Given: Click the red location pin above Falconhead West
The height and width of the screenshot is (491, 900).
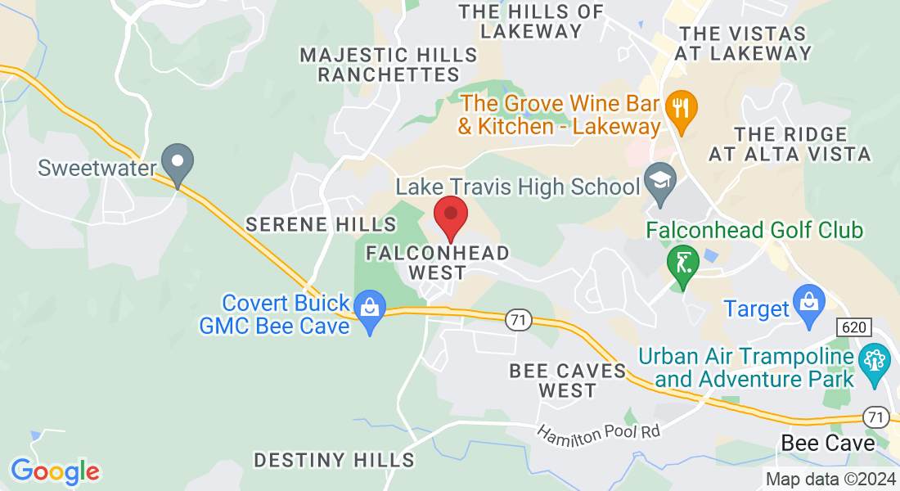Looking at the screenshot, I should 450,215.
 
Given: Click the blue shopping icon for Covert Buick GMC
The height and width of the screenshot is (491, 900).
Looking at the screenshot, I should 371,310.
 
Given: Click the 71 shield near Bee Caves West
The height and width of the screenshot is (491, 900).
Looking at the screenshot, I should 516,321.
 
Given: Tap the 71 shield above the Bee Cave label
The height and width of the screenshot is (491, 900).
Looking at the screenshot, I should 876,417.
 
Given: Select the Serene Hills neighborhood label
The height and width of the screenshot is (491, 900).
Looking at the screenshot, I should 322,224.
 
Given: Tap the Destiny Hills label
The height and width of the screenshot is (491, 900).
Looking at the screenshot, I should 334,460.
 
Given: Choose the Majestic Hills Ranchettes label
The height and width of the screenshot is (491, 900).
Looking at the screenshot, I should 389,65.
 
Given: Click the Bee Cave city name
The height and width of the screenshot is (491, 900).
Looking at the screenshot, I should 828,443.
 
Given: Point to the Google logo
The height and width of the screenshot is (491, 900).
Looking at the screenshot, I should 55,471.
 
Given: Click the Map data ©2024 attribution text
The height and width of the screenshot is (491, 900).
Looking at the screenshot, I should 830,480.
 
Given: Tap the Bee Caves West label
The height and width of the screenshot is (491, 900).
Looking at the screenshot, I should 568,381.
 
